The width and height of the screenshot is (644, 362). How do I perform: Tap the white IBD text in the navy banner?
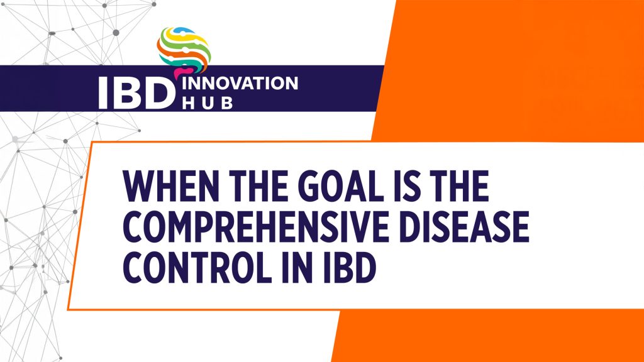[135, 93]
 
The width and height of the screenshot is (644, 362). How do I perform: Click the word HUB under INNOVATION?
[207, 103]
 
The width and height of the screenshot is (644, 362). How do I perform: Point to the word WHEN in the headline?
[165, 186]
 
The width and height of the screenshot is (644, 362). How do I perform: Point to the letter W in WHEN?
[139, 186]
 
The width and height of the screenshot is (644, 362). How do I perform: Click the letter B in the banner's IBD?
[133, 93]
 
